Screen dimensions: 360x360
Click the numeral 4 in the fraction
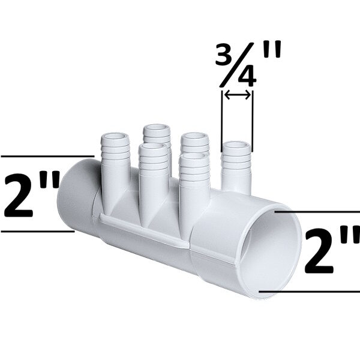244,77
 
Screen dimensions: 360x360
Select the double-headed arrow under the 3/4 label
237,94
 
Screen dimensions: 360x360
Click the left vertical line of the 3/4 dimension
222,117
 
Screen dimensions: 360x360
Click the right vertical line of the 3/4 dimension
253,117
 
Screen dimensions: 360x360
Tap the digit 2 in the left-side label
20,194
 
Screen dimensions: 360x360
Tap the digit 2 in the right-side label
321,252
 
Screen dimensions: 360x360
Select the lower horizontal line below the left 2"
36,232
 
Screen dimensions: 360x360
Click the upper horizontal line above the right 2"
318,212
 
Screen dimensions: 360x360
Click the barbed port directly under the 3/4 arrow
236,165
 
